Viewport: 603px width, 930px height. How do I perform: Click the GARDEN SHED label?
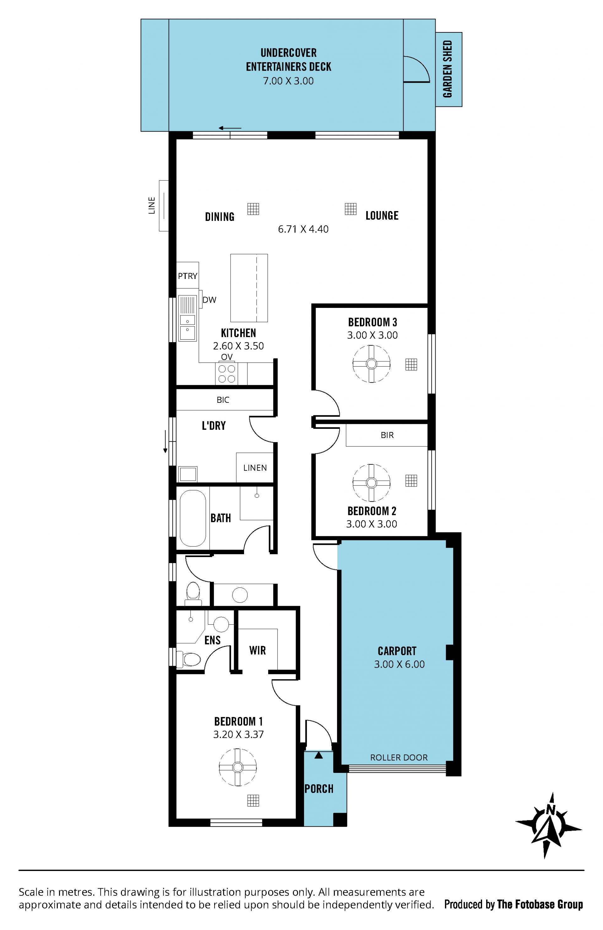[x=448, y=69]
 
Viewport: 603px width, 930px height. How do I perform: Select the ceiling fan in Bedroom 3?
[x=372, y=364]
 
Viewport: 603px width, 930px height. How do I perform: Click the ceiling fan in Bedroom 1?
[x=237, y=767]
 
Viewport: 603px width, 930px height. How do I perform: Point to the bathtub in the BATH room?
[x=193, y=518]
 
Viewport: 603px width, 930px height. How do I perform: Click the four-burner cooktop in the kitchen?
[x=226, y=374]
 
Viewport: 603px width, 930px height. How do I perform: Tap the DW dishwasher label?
[x=209, y=300]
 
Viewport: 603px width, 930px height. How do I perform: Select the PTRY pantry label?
[x=187, y=276]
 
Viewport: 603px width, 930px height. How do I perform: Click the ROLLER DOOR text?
[x=399, y=757]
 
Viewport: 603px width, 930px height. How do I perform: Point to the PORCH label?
[x=319, y=789]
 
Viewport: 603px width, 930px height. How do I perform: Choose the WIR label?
[x=257, y=650]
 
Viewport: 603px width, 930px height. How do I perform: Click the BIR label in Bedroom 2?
[x=387, y=435]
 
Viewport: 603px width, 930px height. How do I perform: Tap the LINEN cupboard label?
[x=255, y=468]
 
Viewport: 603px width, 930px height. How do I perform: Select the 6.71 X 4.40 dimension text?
[x=303, y=229]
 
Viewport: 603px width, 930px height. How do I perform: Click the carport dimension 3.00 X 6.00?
[x=399, y=664]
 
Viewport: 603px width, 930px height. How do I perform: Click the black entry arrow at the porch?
[x=319, y=755]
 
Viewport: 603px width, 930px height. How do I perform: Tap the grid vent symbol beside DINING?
[x=253, y=209]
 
